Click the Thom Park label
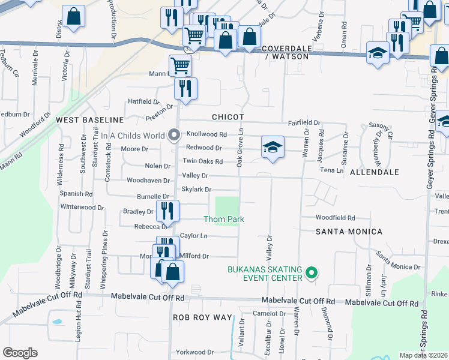click(224, 220)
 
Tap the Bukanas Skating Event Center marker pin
click(311, 274)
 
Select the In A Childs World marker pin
click(174, 136)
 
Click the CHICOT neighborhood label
click(228, 117)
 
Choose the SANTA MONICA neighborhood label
click(349, 232)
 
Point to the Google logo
click(20, 353)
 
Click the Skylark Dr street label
click(196, 190)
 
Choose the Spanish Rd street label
click(76, 194)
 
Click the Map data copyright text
click(423, 355)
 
